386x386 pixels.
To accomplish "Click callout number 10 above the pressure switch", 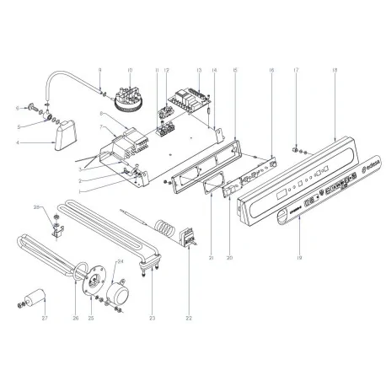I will coord(130,71).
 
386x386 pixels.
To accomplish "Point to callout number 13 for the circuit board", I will coord(198,71).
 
